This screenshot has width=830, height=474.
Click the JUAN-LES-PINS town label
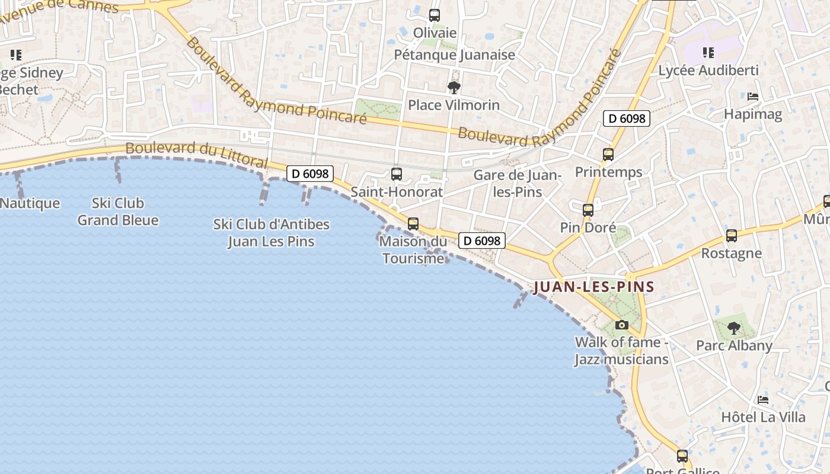click(x=593, y=287)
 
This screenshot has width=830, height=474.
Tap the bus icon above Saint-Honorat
click(x=397, y=174)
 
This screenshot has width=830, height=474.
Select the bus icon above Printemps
click(x=608, y=155)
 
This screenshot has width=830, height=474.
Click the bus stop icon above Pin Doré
click(x=588, y=210)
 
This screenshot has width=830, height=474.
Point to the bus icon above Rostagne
click(x=732, y=236)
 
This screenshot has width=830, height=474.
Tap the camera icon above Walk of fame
click(x=621, y=325)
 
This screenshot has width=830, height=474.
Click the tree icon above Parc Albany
click(x=734, y=328)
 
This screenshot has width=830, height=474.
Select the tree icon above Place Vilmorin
click(x=454, y=88)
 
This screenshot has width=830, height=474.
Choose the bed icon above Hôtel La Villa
click(x=763, y=399)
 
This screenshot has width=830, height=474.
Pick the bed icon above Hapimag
click(x=753, y=96)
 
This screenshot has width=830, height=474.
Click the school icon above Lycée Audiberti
click(x=708, y=53)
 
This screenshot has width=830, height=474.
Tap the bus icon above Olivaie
click(x=435, y=15)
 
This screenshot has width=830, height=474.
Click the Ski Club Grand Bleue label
click(x=118, y=212)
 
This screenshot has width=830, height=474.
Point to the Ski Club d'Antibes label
click(x=271, y=233)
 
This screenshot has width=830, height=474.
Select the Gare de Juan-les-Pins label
click(x=517, y=184)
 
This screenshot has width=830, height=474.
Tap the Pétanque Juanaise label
click(x=455, y=55)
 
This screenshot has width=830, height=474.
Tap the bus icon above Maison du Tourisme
click(x=413, y=224)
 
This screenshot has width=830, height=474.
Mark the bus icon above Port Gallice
click(x=682, y=456)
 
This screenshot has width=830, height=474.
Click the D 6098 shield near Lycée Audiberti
click(x=627, y=118)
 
